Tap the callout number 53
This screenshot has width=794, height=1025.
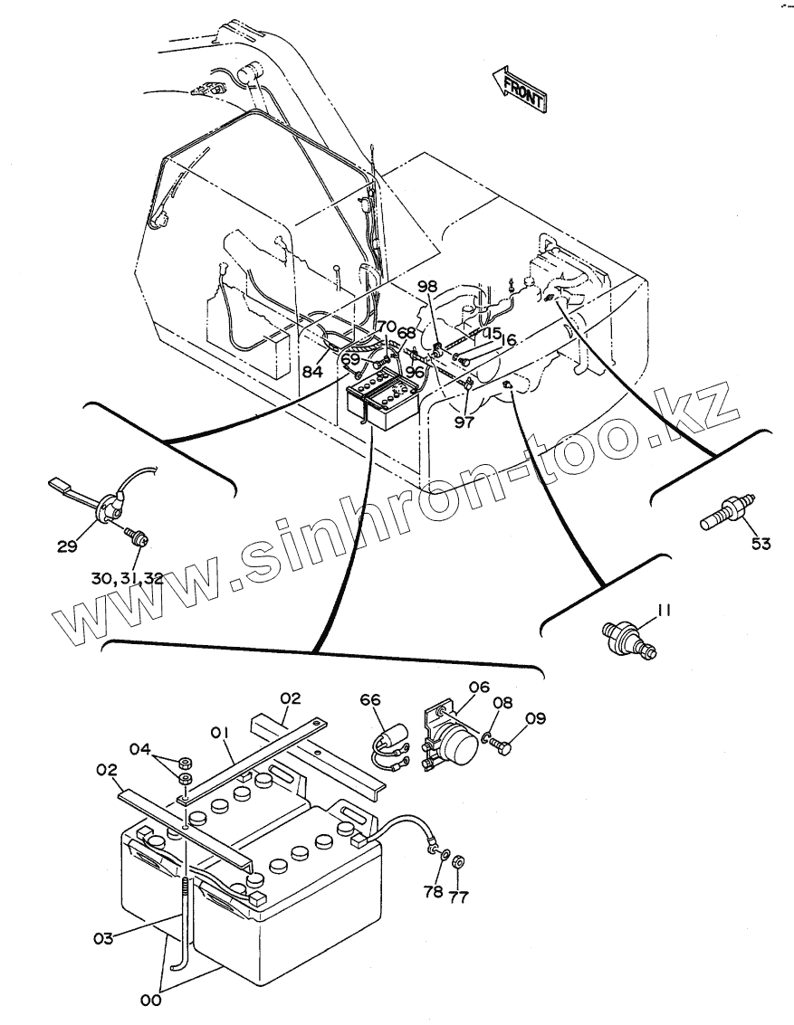[760, 544]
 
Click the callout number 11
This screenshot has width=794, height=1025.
[664, 611]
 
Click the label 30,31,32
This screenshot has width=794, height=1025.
[127, 579]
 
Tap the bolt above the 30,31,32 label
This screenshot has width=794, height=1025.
[139, 538]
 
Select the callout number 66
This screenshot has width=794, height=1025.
[371, 698]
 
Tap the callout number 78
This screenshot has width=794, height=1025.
[433, 892]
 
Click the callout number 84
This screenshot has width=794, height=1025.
[312, 372]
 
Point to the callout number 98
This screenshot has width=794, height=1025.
[427, 287]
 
